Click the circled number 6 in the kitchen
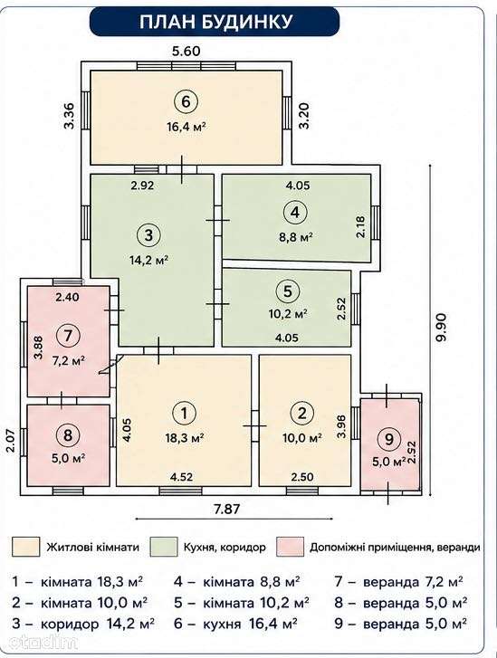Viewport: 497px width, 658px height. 186,101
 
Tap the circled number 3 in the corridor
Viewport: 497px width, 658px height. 148,235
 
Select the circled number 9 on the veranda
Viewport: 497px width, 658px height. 389,439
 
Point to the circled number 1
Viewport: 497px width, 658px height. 185,414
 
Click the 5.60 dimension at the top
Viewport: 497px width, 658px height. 186,52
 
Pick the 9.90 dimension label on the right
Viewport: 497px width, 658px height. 442,327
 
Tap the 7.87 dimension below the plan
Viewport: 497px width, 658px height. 226,509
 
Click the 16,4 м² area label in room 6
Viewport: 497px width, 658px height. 186,126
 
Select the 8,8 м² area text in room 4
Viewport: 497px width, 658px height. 295,237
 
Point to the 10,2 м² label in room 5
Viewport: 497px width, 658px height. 288,313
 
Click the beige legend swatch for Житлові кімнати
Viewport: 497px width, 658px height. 26,547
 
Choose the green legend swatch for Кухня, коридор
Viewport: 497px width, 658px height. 164,547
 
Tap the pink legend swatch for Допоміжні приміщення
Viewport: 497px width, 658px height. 290,547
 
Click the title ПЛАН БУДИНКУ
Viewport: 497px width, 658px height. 215,22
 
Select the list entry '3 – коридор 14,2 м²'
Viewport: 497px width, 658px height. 83,624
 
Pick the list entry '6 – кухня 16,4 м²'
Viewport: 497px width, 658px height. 236,624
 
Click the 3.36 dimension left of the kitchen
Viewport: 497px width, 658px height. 70,116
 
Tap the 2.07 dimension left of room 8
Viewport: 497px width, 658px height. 12,440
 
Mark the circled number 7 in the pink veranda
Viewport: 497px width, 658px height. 69,336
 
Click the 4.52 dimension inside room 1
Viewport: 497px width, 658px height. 181,477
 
